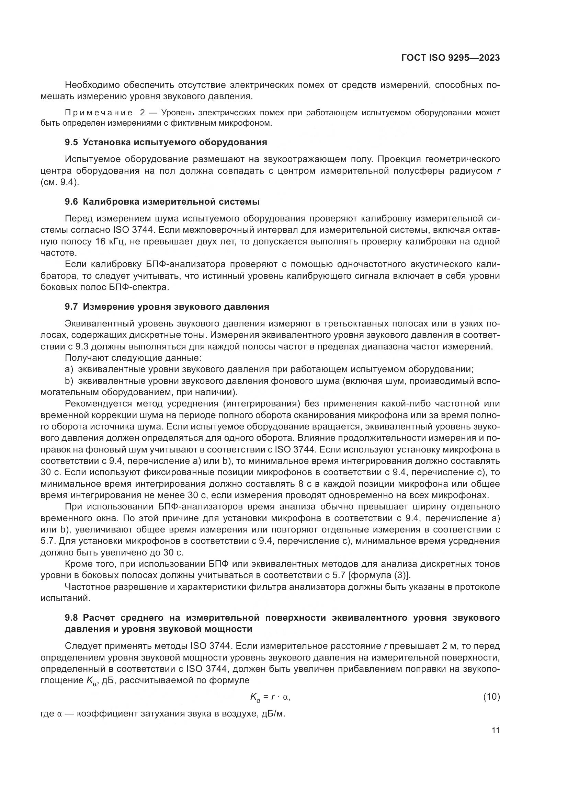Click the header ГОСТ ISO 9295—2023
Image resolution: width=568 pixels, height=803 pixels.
point(451,58)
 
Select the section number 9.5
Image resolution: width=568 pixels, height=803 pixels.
point(71,142)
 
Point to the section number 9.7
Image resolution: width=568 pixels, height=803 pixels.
point(71,307)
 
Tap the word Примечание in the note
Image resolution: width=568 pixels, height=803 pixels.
point(99,113)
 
